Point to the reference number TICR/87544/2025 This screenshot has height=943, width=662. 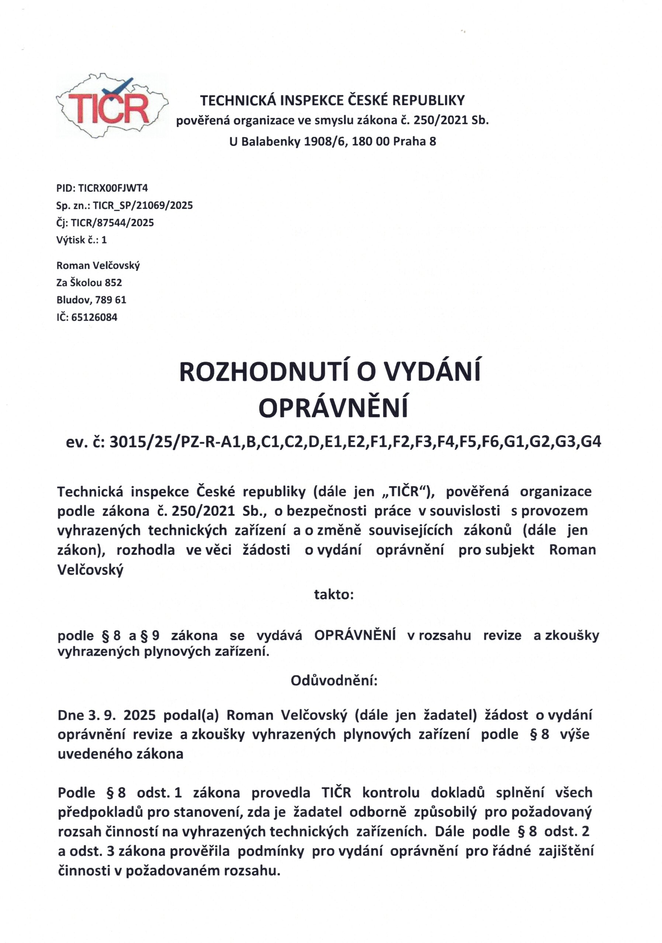pos(112,222)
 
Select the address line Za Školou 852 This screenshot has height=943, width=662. pos(89,283)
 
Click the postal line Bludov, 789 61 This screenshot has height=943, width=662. pos(91,300)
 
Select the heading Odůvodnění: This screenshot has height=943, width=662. pos(334,681)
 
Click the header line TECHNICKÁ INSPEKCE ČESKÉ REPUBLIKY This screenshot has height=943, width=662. pos(332,100)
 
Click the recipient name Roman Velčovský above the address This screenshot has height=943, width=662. pos(98,265)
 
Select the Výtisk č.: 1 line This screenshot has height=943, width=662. pos(82,240)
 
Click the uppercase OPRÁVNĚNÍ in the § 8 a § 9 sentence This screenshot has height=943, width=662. pos(355,635)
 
